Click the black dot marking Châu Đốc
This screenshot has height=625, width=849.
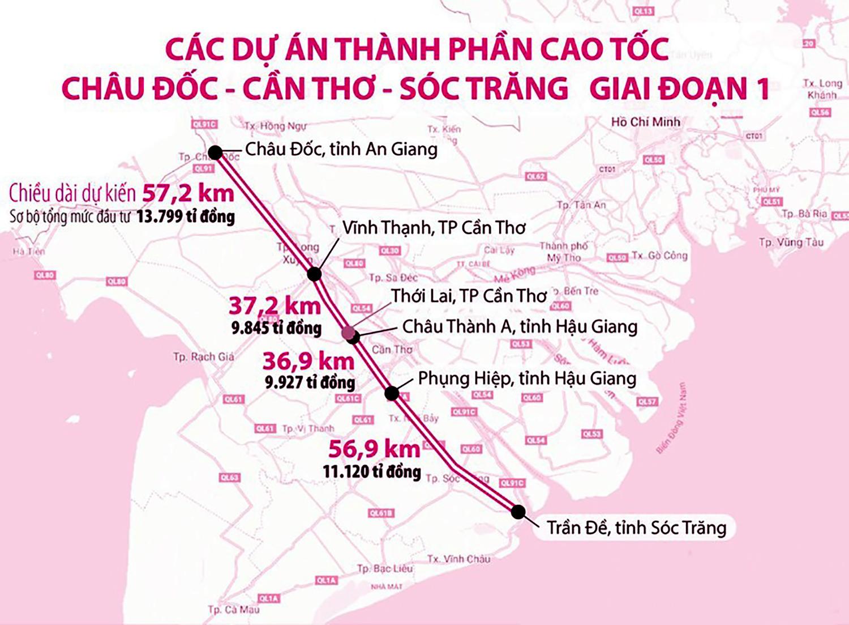(x=215, y=152)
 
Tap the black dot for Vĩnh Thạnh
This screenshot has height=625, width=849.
(x=315, y=274)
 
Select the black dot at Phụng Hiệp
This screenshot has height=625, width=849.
(x=392, y=393)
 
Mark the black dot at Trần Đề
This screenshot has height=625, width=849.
(x=518, y=512)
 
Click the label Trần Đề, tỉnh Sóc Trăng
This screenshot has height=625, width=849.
(x=636, y=528)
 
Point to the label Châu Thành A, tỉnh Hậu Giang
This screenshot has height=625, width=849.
(x=520, y=326)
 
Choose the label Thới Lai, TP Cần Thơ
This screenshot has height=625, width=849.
(x=469, y=296)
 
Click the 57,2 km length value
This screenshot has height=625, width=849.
(x=188, y=193)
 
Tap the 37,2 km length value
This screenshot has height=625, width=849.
(x=275, y=306)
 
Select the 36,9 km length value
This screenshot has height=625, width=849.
(x=308, y=361)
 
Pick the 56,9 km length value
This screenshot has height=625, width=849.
(x=374, y=449)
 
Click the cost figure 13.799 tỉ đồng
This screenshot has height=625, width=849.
(x=186, y=216)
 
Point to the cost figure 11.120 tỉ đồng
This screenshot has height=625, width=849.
(x=372, y=471)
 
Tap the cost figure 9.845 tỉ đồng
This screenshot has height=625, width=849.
(x=276, y=328)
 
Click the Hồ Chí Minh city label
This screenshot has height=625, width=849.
(x=645, y=122)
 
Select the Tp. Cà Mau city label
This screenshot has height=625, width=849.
(x=233, y=610)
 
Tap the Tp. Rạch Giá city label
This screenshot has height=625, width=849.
(x=203, y=357)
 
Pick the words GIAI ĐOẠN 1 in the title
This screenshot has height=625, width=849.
(x=679, y=89)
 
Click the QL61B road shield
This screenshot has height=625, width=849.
(x=380, y=513)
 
